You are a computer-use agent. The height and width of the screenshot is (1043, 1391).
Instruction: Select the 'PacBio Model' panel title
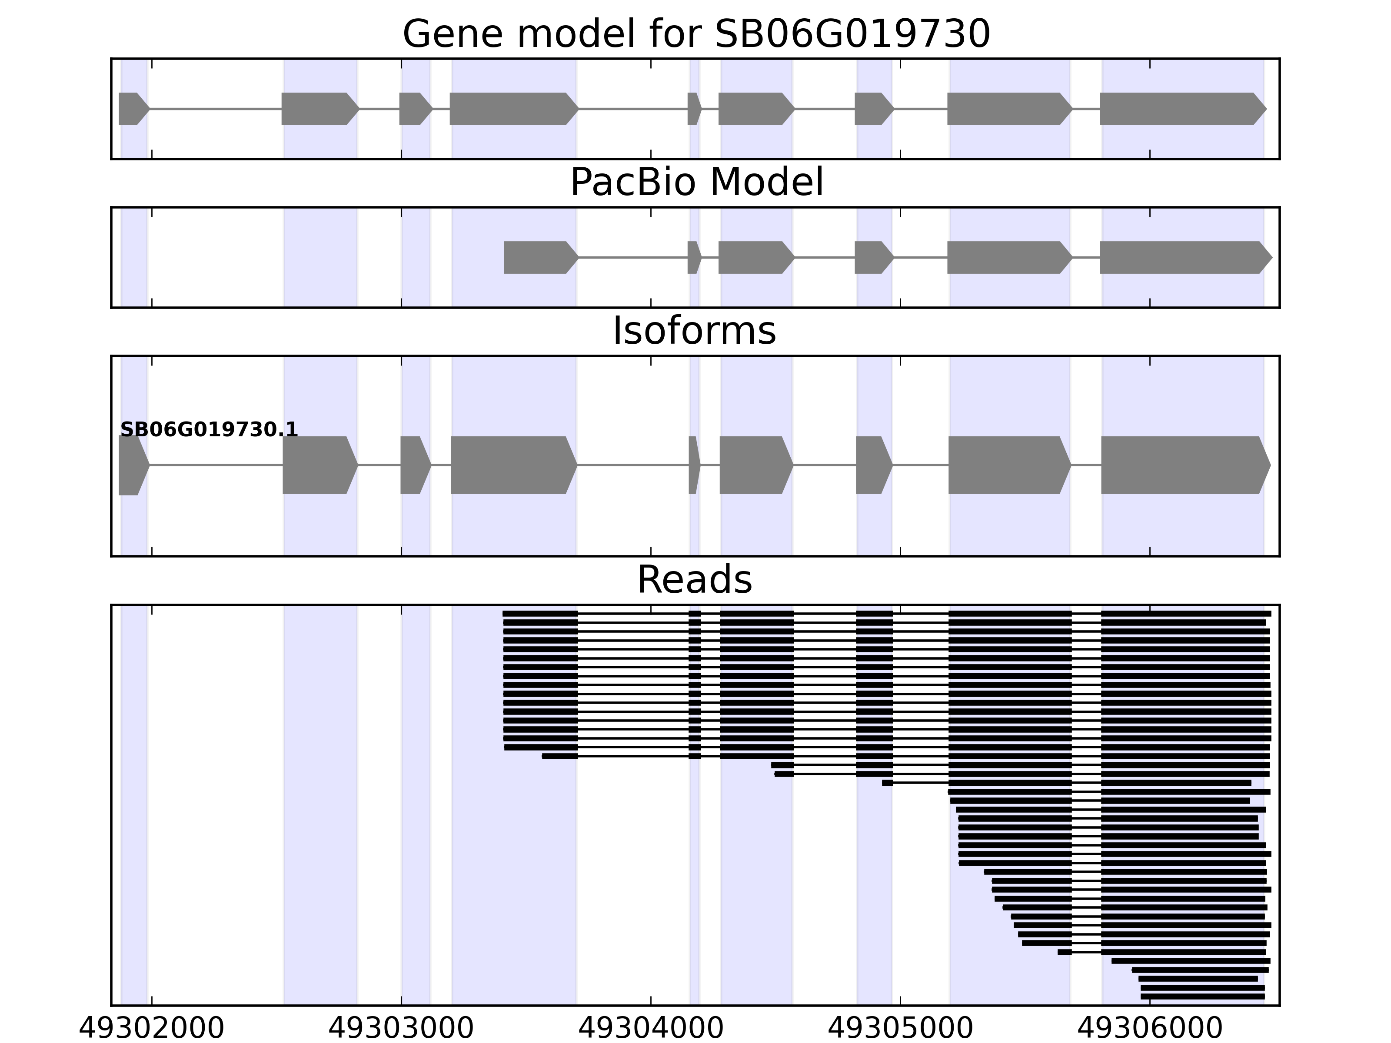(696, 183)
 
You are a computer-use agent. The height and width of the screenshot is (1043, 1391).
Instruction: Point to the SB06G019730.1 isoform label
(209, 429)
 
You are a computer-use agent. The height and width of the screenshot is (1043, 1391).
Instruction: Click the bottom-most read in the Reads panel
(1202, 996)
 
